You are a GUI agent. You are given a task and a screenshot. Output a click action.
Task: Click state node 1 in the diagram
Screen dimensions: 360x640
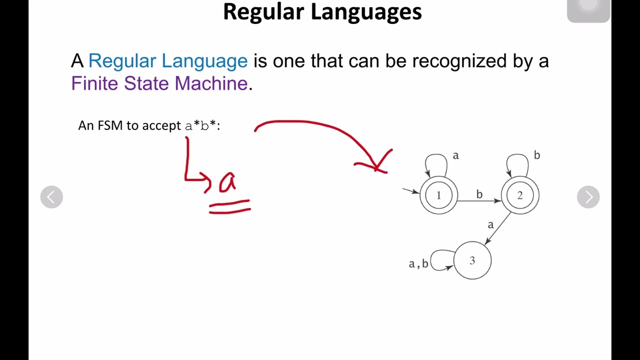click(438, 195)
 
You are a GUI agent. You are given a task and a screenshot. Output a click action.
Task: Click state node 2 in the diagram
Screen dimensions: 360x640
click(520, 195)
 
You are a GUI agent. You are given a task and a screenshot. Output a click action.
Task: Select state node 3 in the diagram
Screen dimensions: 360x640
click(472, 260)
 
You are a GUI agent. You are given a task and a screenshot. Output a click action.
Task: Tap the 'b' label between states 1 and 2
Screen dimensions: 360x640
click(479, 194)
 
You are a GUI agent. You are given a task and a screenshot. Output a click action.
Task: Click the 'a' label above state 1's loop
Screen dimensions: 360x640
click(455, 155)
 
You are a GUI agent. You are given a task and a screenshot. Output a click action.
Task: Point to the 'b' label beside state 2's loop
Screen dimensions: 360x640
click(536, 155)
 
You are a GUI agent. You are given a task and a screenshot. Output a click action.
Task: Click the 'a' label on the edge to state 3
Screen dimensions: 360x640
click(490, 225)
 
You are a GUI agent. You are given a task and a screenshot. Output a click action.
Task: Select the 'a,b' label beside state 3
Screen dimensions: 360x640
click(418, 263)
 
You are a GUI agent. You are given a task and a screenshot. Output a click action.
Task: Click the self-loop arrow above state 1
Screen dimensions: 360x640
click(435, 161)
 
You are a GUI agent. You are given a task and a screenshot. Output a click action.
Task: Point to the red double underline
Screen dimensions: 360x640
click(229, 207)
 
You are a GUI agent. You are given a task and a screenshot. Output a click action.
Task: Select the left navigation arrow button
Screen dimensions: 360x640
click(51, 197)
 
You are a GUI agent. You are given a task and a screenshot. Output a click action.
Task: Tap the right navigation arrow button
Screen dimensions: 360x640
click(588, 197)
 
